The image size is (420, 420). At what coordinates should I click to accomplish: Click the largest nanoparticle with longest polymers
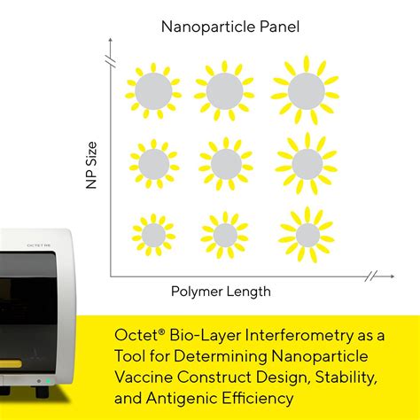[306, 89]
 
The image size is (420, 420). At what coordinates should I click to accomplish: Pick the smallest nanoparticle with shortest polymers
[153, 235]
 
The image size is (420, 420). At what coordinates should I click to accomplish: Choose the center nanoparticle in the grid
[225, 163]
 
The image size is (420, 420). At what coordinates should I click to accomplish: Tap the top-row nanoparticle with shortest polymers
[153, 89]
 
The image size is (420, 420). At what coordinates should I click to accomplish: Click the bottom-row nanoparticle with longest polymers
[307, 235]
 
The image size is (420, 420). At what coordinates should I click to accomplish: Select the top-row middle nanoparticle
[224, 89]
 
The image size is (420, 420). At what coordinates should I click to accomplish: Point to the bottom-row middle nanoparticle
[226, 235]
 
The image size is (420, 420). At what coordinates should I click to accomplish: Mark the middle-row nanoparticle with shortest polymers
[153, 163]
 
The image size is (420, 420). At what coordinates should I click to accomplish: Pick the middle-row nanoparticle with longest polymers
[307, 163]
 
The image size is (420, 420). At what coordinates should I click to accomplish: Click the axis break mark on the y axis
[110, 60]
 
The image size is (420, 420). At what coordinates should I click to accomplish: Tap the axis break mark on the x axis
[371, 276]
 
